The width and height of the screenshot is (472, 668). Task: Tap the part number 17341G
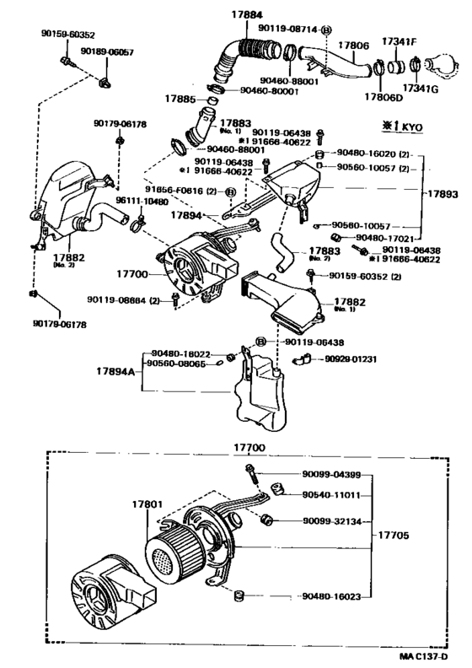pyautogui.click(x=421, y=87)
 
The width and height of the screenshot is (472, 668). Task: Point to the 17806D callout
pyautogui.click(x=381, y=96)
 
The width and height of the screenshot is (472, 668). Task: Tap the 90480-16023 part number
pyautogui.click(x=330, y=596)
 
